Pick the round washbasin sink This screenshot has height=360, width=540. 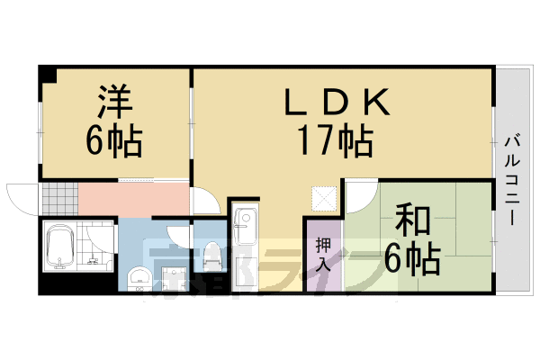point(139,276)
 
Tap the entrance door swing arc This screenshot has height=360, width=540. point(20,197)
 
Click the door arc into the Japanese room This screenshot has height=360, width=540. point(361,192)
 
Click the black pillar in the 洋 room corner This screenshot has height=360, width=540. point(46,74)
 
